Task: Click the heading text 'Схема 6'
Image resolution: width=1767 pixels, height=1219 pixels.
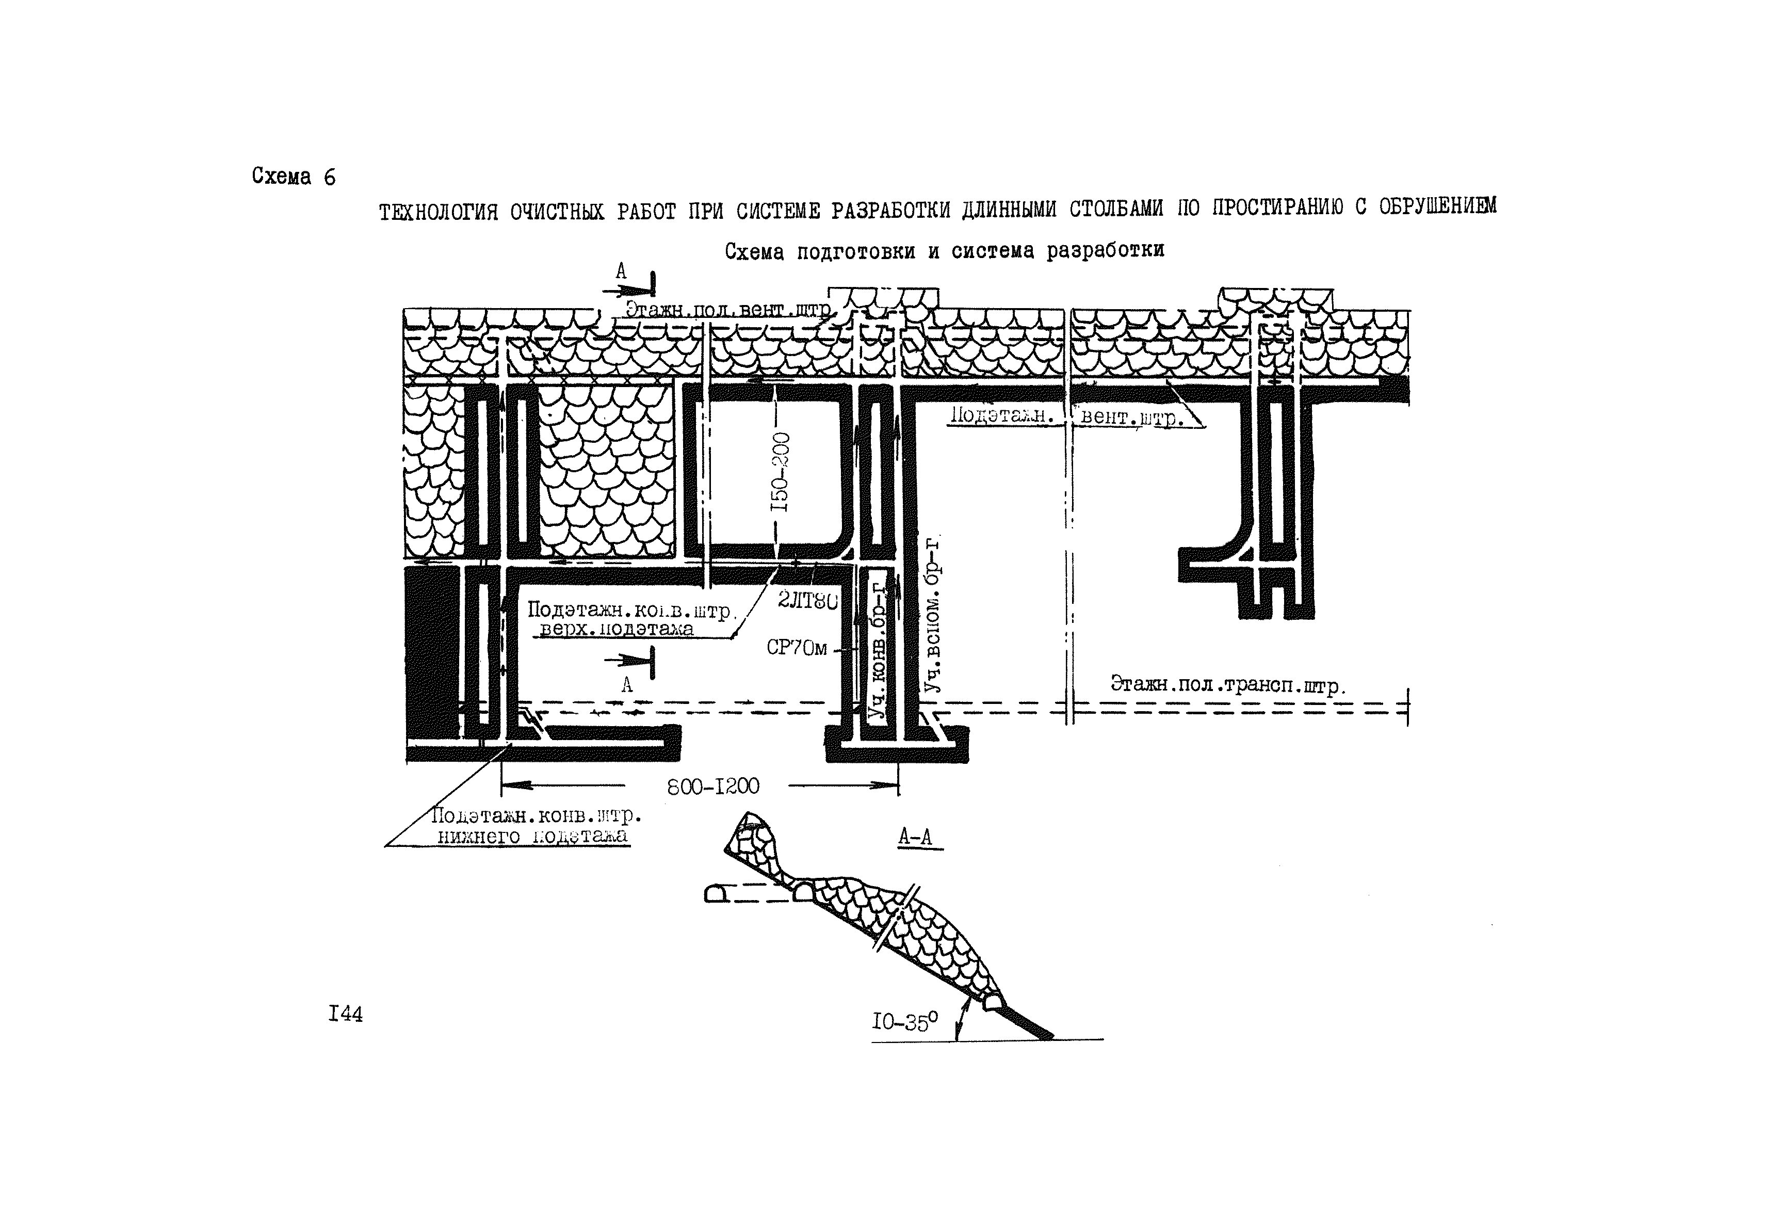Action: [x=293, y=177]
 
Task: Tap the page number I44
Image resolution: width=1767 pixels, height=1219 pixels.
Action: [x=345, y=1014]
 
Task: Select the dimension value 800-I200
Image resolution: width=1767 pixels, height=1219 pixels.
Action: [x=713, y=786]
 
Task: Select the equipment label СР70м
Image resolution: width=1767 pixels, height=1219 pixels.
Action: [x=797, y=648]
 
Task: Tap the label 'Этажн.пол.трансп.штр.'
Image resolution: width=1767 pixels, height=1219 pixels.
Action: [x=1228, y=684]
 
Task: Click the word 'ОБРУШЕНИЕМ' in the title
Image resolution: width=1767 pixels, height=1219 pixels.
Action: [x=1437, y=206]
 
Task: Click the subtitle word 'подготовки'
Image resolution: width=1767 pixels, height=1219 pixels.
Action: [x=855, y=251]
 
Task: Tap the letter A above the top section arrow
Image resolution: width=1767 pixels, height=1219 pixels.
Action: [x=621, y=271]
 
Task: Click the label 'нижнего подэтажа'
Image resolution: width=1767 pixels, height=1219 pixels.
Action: [x=532, y=837]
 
